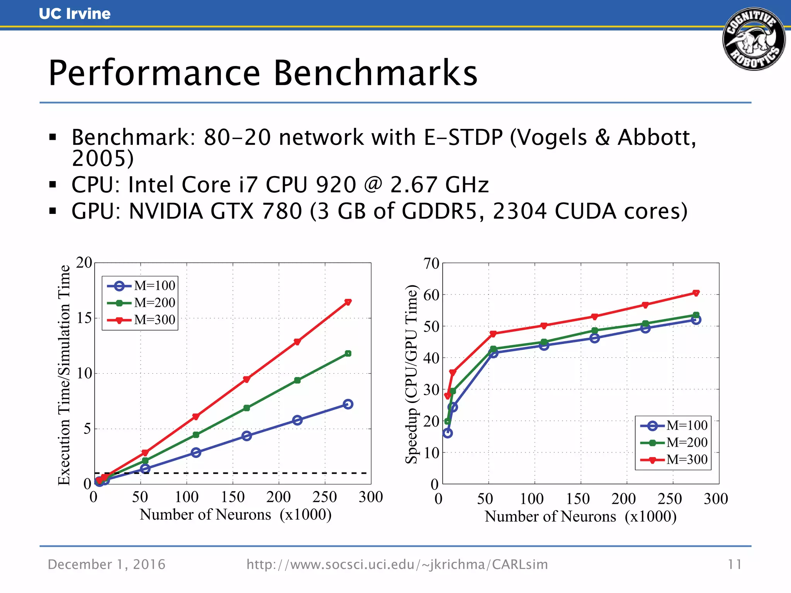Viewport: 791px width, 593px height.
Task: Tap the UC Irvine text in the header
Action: point(75,14)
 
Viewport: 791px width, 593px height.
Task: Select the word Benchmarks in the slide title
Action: point(375,73)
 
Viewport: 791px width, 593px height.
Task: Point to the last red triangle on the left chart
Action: point(348,302)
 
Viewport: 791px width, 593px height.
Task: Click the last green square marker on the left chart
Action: point(348,353)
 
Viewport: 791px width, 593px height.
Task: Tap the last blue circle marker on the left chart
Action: point(348,404)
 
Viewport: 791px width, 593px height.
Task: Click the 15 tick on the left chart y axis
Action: point(84,318)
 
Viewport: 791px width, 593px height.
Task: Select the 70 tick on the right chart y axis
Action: point(431,264)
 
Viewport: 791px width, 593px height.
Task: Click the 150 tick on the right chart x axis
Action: point(578,499)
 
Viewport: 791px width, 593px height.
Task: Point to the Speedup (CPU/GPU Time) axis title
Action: point(412,374)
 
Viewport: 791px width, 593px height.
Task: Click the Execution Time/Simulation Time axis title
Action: point(64,374)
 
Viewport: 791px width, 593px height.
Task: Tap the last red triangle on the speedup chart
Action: point(696,293)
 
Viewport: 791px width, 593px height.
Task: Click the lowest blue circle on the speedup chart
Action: point(448,433)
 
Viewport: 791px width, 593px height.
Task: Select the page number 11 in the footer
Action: point(734,564)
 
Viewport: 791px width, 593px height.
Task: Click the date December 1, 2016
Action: point(107,564)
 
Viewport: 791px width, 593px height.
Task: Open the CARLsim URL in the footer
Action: point(397,564)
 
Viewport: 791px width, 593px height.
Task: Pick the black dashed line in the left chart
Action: point(232,473)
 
